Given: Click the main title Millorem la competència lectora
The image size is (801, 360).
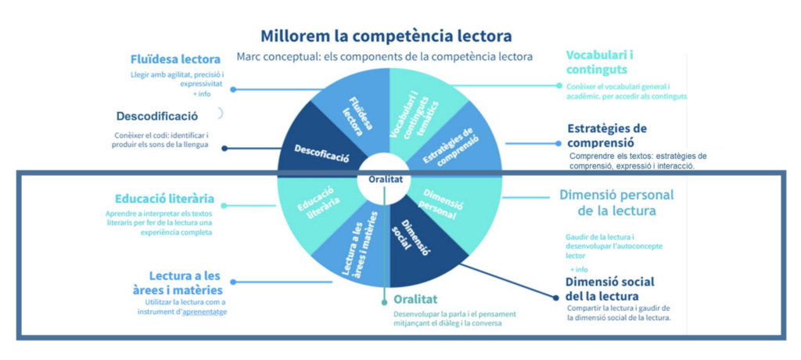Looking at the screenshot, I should [386, 36].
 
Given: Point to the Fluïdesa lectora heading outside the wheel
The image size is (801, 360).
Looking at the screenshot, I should [175, 59].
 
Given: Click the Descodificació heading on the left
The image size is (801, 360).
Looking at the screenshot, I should [157, 116].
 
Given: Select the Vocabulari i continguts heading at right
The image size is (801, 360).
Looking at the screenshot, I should [599, 63].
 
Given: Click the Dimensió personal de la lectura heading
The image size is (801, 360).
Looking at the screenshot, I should [616, 203].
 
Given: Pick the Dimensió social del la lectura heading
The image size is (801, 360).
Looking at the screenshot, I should [609, 289].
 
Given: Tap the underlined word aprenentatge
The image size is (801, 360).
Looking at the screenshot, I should [210, 312].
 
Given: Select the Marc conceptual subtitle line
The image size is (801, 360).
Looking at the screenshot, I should [384, 56].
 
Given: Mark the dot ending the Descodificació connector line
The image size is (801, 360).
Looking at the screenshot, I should [225, 148].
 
